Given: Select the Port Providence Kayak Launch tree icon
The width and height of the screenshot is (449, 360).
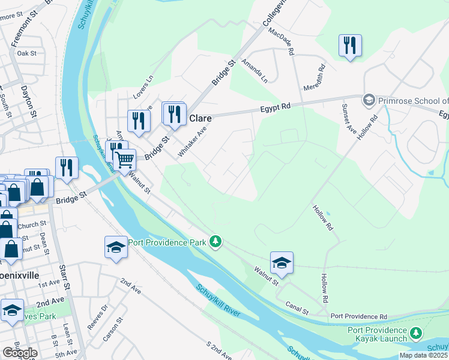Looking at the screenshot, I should (415, 332).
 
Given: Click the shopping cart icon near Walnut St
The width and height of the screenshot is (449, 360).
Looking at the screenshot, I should (124, 160).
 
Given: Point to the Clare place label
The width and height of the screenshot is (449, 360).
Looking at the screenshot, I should (200, 118).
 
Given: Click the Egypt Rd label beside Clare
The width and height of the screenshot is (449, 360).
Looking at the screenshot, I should (276, 106).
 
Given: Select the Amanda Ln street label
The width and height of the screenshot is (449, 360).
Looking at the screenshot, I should (255, 70).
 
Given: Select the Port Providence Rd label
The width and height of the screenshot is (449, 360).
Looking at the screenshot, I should (359, 316).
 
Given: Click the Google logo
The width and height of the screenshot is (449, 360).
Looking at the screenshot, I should (20, 353).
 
